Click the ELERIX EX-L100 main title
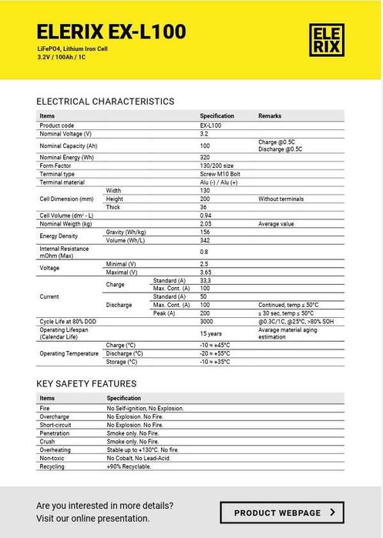(111, 32)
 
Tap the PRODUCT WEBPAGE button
(281, 512)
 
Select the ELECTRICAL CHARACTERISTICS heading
(106, 102)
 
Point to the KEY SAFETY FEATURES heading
(86, 383)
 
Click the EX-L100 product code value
(210, 125)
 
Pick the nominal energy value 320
(205, 157)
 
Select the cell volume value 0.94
(207, 215)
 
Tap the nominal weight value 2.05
(207, 223)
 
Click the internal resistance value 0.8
(204, 252)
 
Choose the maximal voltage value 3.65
(207, 272)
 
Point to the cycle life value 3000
(207, 321)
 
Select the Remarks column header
(270, 115)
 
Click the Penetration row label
(55, 433)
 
